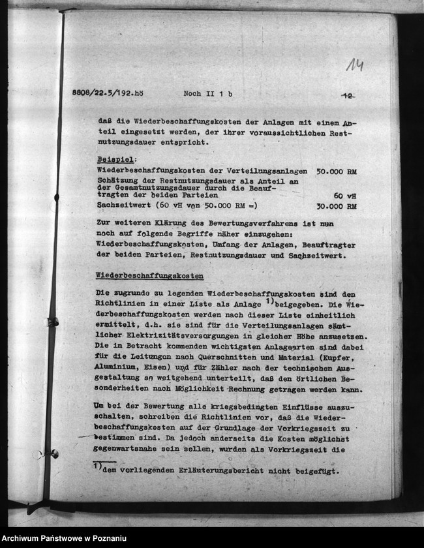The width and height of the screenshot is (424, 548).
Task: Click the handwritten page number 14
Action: coord(355,64)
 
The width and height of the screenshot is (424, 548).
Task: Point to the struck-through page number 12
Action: coord(348,95)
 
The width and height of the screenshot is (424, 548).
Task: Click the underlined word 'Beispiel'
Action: coord(112,159)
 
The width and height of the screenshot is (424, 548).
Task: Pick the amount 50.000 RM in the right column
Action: coord(336,172)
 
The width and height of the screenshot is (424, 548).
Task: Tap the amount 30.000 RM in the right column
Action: coord(336,206)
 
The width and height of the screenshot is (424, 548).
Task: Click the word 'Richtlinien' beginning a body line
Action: coord(119,305)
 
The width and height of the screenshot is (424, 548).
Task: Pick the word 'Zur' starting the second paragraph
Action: coord(103,222)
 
